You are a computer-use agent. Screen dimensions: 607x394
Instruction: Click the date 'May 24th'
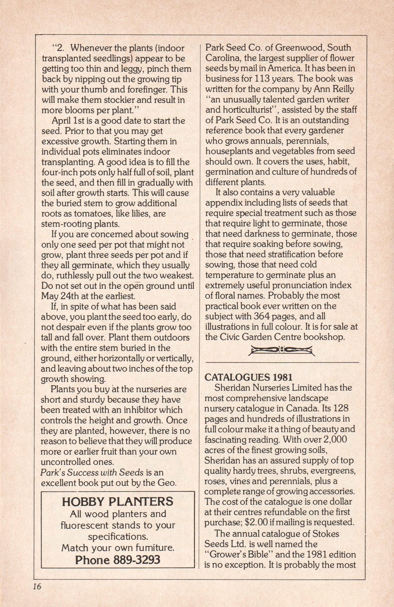[x=58, y=296]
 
